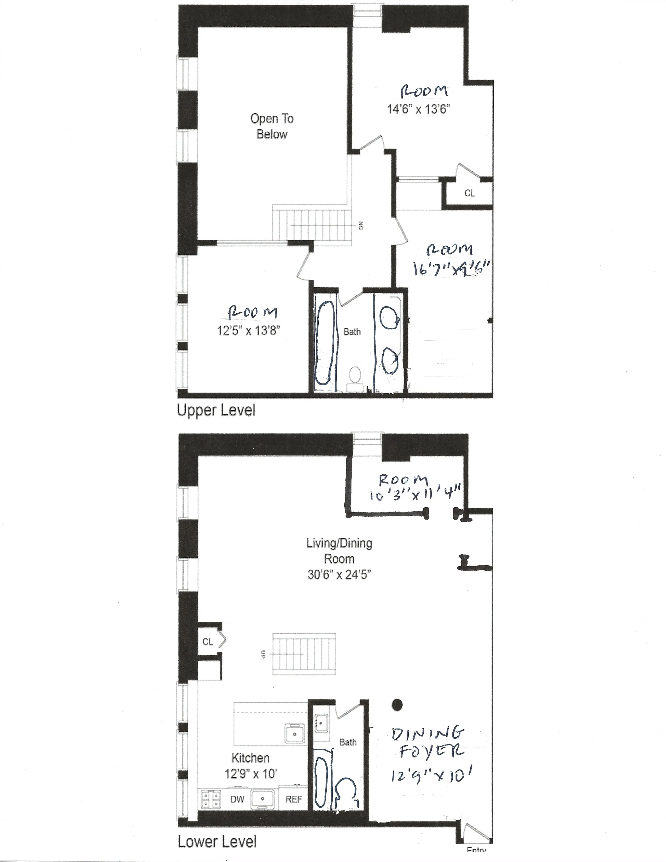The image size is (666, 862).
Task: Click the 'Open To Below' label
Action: [x=272, y=126]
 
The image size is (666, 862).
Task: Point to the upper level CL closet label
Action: [x=470, y=193]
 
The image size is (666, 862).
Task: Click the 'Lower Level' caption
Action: [x=217, y=842]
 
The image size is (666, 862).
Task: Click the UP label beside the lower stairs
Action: [x=263, y=655]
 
